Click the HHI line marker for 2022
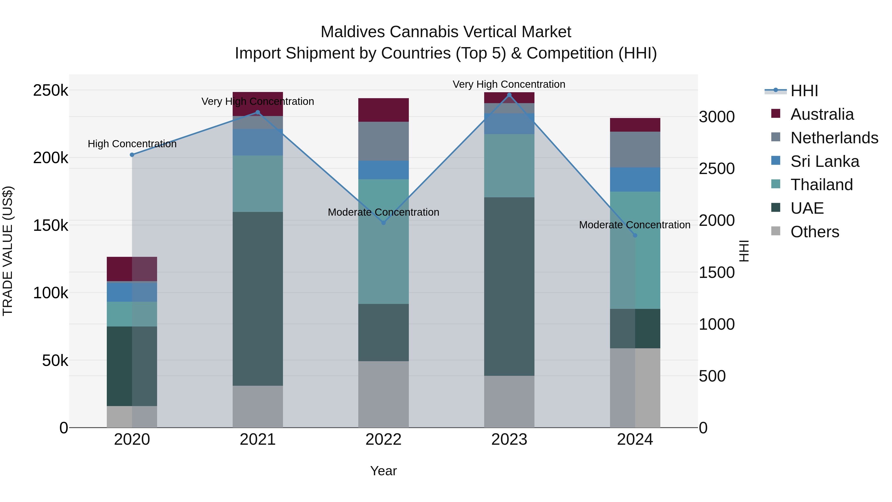pyautogui.click(x=383, y=223)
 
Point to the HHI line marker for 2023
pyautogui.click(x=509, y=95)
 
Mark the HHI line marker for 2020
pyautogui.click(x=132, y=155)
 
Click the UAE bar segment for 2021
pyautogui.click(x=258, y=299)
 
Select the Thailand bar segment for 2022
pyautogui.click(x=383, y=241)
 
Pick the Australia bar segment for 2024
pyautogui.click(x=635, y=125)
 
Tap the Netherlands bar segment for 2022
pyautogui.click(x=383, y=141)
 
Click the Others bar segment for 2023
pyautogui.click(x=509, y=402)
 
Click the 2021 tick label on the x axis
pyautogui.click(x=258, y=440)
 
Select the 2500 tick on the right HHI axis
pyautogui.click(x=716, y=169)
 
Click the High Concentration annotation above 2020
pyautogui.click(x=132, y=144)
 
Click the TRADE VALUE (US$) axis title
pyautogui.click(x=8, y=251)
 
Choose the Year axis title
pyautogui.click(x=383, y=471)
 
